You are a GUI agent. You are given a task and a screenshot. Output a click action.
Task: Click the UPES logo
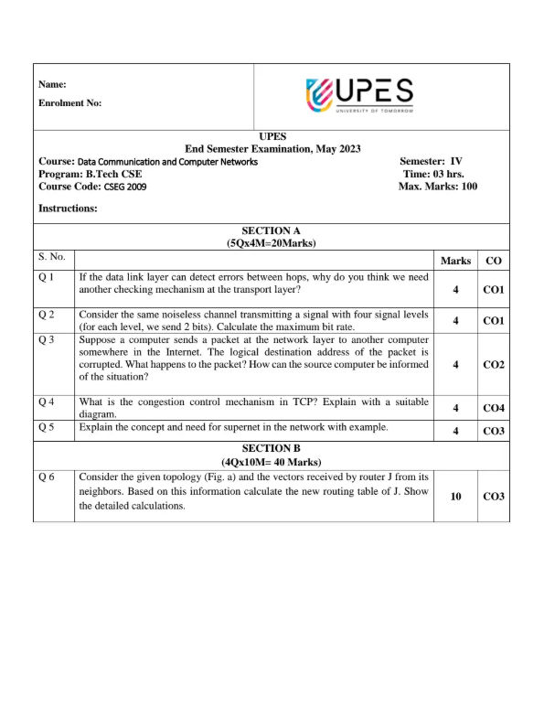tap(360, 95)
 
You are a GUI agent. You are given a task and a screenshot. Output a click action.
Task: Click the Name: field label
tap(52, 84)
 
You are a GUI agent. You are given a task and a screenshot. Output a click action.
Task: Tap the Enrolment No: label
tap(69, 103)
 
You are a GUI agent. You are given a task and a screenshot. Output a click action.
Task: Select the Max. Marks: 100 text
tap(437, 187)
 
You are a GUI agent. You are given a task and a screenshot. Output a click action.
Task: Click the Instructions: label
tap(68, 209)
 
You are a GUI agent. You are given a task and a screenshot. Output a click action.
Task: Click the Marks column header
tap(455, 261)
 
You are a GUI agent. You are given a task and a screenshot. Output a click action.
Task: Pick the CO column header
tap(494, 261)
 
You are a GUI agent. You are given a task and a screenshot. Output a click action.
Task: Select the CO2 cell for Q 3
tap(494, 364)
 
